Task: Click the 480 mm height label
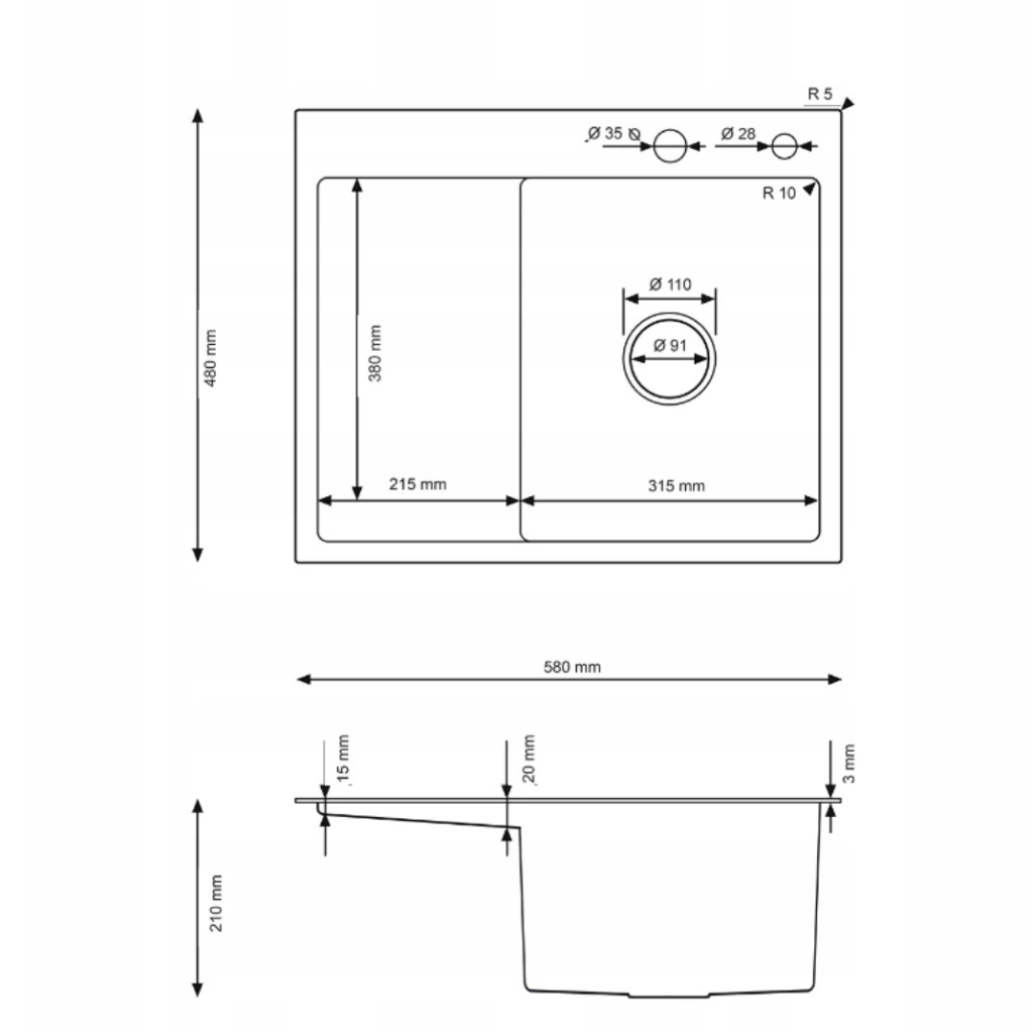[x=210, y=358]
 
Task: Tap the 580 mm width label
[x=572, y=667]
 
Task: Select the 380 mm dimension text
[x=375, y=353]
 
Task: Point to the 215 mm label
[x=418, y=484]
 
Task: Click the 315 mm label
[x=676, y=485]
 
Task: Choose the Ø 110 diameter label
[x=670, y=285]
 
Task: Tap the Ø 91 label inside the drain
[x=670, y=346]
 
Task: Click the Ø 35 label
[x=605, y=134]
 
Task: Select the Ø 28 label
[x=738, y=134]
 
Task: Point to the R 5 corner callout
[x=820, y=94]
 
